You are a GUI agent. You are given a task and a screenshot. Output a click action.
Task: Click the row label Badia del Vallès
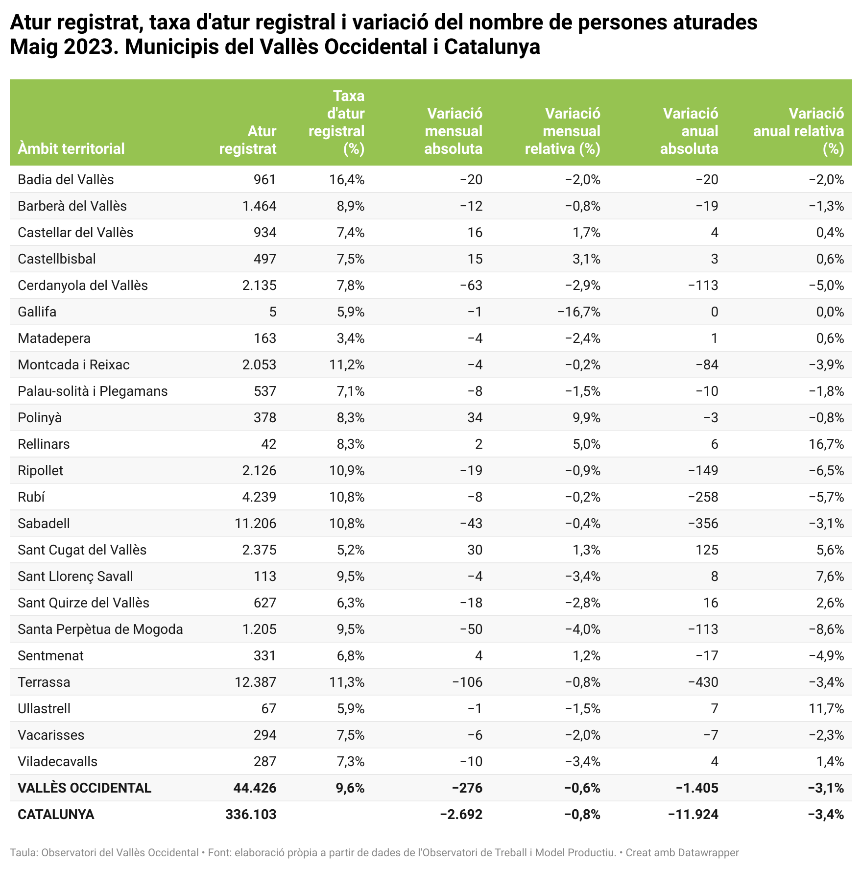(66, 180)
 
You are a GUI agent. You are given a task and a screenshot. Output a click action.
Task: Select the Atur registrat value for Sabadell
(255, 524)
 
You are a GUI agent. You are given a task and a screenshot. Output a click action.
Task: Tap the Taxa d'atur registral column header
(337, 122)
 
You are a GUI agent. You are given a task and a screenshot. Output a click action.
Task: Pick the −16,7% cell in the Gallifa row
(579, 312)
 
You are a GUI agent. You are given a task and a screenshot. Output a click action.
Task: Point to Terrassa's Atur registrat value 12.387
(255, 682)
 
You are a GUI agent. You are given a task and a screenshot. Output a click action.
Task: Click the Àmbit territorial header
(71, 148)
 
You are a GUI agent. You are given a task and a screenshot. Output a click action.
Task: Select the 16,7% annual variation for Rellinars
(827, 444)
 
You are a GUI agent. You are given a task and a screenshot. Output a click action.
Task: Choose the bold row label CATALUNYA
(56, 815)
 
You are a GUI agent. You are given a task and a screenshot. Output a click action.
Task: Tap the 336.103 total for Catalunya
(251, 815)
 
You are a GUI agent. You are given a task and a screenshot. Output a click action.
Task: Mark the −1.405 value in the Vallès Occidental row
(697, 788)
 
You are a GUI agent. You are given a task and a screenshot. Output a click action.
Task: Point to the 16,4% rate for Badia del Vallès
(347, 180)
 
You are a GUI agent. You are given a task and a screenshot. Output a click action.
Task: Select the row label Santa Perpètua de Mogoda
(100, 629)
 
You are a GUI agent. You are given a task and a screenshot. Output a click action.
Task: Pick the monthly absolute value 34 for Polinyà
(475, 418)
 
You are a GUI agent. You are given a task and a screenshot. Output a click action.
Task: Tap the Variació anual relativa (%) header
(799, 131)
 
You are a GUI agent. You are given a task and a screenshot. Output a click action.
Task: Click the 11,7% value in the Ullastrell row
(827, 709)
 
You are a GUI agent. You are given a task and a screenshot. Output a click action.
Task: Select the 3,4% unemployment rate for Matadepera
(350, 338)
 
